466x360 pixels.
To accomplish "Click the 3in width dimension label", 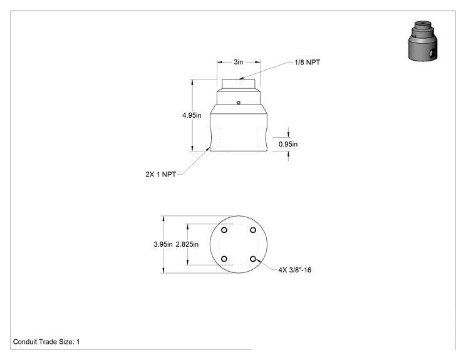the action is point(239,62).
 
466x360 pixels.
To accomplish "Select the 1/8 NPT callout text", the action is point(308,63).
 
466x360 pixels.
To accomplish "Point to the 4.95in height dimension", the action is point(192,115).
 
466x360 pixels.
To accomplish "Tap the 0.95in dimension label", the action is point(288,144).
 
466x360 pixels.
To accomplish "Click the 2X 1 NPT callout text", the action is point(161,174).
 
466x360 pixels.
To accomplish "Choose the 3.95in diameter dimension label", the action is point(163,244).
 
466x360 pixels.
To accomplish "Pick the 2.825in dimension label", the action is point(187,244).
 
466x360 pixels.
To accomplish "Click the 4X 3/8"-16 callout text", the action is point(295,270).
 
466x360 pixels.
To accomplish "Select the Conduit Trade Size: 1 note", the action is point(46,342).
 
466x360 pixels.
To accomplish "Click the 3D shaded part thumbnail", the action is point(423,41).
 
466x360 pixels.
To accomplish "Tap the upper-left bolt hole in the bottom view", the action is point(224,230).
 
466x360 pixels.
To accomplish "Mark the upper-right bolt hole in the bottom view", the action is point(253,230).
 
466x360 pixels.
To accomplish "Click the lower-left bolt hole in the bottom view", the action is point(224,259).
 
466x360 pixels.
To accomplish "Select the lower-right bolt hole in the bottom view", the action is point(253,259).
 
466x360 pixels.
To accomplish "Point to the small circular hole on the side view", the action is point(239,103).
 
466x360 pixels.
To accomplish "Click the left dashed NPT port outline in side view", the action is point(215,137).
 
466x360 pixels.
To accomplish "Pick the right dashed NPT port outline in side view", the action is point(261,137).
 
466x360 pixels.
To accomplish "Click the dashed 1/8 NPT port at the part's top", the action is point(239,81).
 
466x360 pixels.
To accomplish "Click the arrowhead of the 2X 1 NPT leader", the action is point(208,148).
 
